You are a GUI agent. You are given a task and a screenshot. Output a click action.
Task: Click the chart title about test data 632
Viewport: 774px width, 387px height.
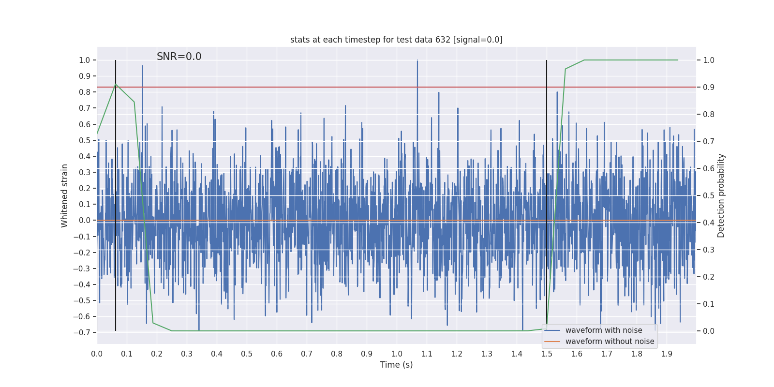396,40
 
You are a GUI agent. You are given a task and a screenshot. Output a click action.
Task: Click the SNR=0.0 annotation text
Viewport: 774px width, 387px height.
179,57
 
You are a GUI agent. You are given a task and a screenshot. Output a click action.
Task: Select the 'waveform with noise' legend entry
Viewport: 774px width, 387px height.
604,330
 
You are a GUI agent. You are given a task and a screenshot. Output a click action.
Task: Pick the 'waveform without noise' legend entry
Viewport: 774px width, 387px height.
610,342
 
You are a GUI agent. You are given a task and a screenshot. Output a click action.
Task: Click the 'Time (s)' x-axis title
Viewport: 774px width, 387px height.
396,365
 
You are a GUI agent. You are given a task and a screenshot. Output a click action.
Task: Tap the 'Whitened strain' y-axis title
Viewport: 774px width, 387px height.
65,195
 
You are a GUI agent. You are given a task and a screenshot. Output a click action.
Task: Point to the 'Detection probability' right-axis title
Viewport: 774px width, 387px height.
721,195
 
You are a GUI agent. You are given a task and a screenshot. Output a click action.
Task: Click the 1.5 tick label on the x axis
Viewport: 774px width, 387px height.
547,354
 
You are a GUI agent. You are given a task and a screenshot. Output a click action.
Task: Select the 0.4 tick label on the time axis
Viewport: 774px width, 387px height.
217,354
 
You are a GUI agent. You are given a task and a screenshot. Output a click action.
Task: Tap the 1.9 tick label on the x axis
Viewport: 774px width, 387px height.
667,354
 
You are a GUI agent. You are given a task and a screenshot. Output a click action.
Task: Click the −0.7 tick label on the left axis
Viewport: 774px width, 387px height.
82,332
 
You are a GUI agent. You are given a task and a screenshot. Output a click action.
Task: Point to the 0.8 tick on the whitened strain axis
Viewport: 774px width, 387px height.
85,92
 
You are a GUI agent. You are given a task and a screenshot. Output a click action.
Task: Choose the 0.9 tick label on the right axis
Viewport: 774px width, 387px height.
709,87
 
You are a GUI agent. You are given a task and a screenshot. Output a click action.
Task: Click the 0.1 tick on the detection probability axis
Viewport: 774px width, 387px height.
709,304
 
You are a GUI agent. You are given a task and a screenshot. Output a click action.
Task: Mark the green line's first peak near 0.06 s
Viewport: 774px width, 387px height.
116,85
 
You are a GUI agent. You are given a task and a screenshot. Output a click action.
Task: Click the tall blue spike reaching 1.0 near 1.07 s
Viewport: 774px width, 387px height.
417,61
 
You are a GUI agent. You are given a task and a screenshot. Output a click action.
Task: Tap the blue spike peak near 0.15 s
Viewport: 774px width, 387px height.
142,66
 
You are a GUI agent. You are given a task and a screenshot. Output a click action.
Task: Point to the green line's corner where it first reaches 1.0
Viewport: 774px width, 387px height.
584,60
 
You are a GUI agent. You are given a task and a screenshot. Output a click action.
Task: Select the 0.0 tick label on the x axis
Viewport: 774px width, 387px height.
97,354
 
